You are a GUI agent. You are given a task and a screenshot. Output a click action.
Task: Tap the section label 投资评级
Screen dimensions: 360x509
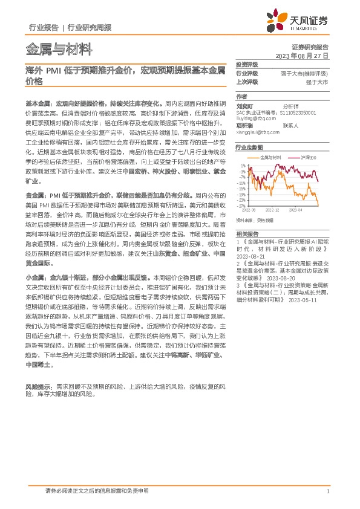coord(247,64)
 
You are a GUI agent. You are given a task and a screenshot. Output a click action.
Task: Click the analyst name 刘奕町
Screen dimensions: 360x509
coord(244,105)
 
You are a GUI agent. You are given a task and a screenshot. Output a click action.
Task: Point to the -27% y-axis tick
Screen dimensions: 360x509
coord(241,206)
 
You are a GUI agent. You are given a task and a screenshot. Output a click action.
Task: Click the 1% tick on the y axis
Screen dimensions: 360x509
coord(243,165)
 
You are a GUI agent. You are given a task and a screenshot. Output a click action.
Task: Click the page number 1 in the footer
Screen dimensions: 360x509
coord(327,491)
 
